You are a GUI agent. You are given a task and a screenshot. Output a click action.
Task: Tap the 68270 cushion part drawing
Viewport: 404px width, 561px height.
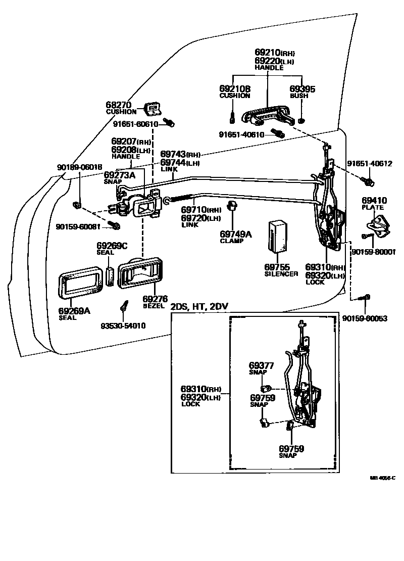[153, 108]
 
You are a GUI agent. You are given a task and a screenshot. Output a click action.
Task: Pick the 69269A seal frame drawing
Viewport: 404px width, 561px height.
[80, 285]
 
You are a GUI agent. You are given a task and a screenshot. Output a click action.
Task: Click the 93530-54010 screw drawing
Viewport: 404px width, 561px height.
[123, 306]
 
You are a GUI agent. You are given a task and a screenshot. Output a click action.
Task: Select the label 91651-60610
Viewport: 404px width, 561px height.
[135, 124]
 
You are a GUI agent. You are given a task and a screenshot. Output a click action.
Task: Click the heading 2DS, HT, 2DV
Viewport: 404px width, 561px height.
[196, 307]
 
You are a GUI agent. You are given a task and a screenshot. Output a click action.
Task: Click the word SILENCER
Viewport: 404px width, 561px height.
[281, 273]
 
